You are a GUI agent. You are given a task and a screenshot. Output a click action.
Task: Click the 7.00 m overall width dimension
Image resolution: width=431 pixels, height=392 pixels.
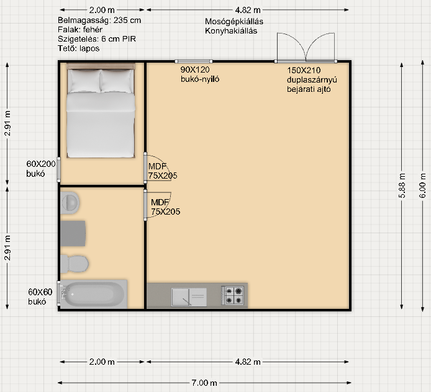tap(204, 383)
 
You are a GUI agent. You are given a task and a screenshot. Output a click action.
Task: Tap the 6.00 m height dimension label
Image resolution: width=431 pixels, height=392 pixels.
tap(423, 186)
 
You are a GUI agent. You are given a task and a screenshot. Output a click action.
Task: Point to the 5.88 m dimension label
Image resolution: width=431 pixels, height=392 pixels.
tap(402, 186)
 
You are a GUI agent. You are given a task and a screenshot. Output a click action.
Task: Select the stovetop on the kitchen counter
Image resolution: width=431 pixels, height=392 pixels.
tap(232, 295)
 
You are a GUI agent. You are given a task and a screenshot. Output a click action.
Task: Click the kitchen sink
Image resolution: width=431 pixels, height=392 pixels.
tap(189, 296)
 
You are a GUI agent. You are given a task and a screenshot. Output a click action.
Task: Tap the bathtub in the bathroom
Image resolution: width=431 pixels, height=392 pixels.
tap(93, 294)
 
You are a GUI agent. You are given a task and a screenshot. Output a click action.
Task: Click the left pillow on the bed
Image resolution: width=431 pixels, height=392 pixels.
tap(84, 81)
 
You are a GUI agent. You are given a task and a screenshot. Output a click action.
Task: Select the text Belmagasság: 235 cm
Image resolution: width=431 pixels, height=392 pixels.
tap(99, 20)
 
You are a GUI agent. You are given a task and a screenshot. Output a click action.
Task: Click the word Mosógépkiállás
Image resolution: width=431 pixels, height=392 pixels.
tap(234, 22)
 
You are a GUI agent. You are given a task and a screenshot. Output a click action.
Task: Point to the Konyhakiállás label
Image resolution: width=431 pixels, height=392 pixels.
tap(231, 31)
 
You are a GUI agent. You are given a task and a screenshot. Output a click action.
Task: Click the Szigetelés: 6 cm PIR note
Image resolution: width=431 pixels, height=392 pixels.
tap(97, 39)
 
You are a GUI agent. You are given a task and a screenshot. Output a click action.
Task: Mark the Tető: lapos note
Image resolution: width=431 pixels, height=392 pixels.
tap(79, 48)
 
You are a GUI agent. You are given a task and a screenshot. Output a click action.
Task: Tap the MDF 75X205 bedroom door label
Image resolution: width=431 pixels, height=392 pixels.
tap(163, 171)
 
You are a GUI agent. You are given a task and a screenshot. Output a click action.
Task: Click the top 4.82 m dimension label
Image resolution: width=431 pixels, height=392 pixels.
tap(248, 10)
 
